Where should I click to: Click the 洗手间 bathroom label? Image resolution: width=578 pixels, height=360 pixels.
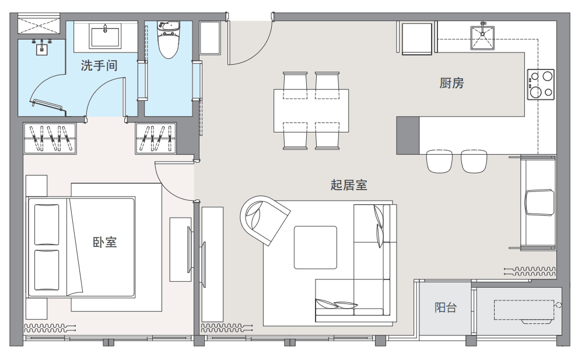click(x=99, y=66)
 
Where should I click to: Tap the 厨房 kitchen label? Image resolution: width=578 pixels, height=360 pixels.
click(x=451, y=83)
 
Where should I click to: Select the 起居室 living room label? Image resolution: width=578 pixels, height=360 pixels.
click(x=349, y=184)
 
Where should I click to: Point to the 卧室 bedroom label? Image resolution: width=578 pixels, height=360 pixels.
click(x=104, y=242)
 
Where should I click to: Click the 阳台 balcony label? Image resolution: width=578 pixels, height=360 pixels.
click(x=446, y=307)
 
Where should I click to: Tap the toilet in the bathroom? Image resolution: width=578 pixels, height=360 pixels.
click(x=169, y=40)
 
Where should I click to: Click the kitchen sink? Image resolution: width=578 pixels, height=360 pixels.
click(x=482, y=37)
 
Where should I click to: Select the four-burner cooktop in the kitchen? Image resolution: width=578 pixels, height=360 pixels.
click(x=541, y=84)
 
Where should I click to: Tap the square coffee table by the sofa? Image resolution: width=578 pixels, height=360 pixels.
click(x=316, y=247)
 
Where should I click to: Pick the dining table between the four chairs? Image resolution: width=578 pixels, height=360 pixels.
click(x=311, y=111)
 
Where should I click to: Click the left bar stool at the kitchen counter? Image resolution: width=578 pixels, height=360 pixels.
click(x=439, y=161)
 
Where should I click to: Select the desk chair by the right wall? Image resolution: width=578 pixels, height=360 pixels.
click(x=540, y=202)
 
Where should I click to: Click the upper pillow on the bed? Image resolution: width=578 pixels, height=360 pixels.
click(x=47, y=224)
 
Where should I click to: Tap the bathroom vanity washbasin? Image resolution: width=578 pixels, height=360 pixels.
click(x=106, y=36)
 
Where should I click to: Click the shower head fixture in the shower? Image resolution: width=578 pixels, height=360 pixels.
click(x=41, y=47)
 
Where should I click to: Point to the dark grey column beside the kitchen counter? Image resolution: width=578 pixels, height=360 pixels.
click(x=408, y=135)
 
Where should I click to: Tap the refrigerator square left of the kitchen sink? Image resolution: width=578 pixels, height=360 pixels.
click(x=417, y=39)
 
